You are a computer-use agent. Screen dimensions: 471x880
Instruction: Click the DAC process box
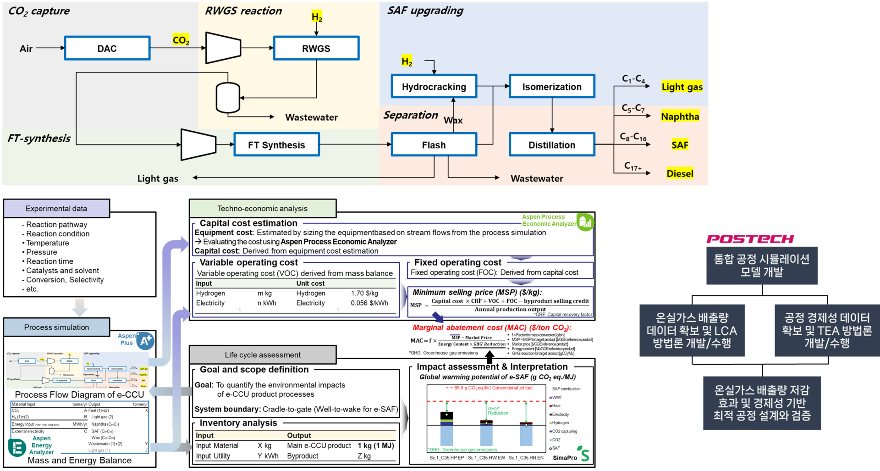pos(107,48)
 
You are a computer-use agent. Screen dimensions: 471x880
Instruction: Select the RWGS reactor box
pos(316,48)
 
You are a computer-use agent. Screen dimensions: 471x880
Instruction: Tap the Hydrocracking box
pos(434,86)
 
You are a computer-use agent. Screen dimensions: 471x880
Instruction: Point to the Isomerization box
pos(551,86)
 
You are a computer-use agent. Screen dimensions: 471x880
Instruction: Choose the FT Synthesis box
pos(276,145)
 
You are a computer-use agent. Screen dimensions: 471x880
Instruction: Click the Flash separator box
pos(434,145)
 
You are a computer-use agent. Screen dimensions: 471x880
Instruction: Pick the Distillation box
pos(551,145)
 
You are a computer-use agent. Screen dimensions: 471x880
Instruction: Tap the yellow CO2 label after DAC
pos(181,40)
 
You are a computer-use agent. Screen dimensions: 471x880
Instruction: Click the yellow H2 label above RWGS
pos(317,17)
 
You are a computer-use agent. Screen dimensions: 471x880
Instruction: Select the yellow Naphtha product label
pos(680,116)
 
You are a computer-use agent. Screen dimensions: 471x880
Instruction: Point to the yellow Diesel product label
pos(680,173)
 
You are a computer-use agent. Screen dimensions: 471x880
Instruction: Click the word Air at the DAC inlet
pos(26,49)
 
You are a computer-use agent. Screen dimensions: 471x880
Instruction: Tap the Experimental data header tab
pos(56,209)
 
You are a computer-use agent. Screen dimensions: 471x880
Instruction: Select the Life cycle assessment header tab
pos(263,355)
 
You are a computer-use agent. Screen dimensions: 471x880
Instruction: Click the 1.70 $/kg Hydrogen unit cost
pos(364,293)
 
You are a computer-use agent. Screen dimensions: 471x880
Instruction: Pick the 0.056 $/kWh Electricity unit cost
pos(369,303)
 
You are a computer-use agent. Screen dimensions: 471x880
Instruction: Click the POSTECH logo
pos(750,239)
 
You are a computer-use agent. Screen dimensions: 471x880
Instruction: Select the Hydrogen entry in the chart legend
pos(560,423)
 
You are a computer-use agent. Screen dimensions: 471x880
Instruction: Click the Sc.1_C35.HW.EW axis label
pos(486,458)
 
